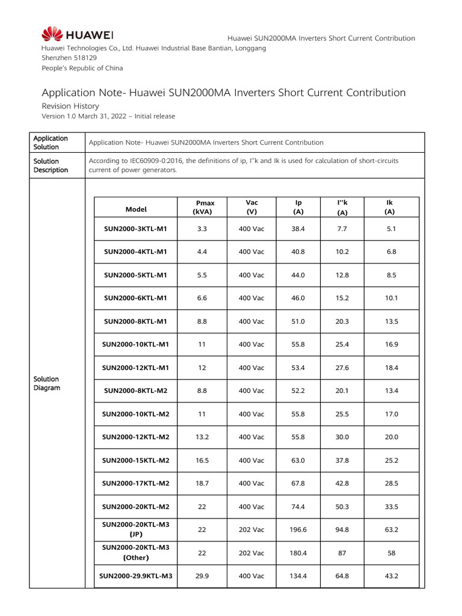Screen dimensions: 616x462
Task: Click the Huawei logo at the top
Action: tap(78, 34)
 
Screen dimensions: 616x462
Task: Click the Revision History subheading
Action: tap(70, 105)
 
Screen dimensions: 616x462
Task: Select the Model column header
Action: tap(136, 209)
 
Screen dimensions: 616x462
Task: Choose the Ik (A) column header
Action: tap(390, 208)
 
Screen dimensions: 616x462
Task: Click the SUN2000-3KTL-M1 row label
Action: tap(136, 229)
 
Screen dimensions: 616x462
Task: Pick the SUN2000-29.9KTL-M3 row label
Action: tap(136, 576)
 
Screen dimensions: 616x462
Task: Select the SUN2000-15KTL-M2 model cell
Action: tap(136, 460)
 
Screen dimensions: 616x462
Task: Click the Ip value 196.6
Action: tap(298, 530)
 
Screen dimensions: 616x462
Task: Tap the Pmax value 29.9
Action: tap(202, 576)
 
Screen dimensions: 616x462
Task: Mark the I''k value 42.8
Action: tap(342, 484)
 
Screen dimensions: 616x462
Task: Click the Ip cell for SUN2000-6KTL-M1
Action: tap(298, 298)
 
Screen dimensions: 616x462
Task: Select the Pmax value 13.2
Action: tap(202, 437)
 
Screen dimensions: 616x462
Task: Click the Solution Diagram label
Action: tap(46, 384)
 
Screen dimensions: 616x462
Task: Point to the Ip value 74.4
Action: tap(298, 507)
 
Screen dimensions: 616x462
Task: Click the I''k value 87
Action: tap(342, 553)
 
